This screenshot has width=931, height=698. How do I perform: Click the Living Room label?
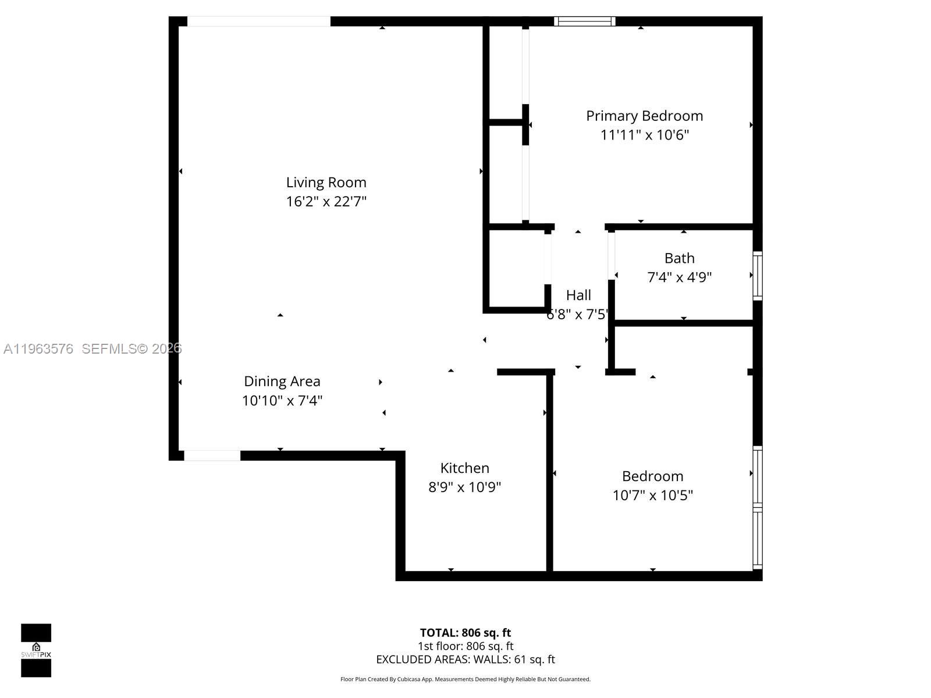[x=326, y=183]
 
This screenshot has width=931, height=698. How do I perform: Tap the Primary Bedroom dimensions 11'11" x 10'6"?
[x=645, y=135]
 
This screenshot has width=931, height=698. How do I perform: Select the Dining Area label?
[x=282, y=382]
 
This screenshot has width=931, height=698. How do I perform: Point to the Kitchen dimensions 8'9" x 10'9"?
[x=464, y=487]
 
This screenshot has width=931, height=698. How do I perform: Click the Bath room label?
[x=680, y=258]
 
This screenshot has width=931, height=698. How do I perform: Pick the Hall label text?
[x=578, y=295]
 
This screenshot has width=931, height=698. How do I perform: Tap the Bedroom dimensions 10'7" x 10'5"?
[x=652, y=496]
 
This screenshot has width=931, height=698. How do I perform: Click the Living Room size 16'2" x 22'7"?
[x=326, y=202]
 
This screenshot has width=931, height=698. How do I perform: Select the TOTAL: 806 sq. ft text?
[x=465, y=633]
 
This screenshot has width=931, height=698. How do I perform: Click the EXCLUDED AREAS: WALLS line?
[x=465, y=660]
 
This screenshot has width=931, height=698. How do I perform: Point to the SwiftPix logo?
[x=36, y=650]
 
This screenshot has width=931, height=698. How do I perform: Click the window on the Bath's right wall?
[x=758, y=276]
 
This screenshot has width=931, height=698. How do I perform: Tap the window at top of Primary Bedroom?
[x=584, y=22]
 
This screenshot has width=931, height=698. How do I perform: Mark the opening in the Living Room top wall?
[x=258, y=22]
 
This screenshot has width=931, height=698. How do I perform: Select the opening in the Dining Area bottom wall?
[x=212, y=455]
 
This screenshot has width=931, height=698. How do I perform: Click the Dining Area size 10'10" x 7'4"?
[x=282, y=401]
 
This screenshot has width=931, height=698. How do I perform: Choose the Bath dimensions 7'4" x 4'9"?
[x=680, y=277]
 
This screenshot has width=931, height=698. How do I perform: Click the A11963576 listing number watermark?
[x=38, y=349]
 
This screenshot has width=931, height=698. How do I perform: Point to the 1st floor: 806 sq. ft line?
[x=465, y=646]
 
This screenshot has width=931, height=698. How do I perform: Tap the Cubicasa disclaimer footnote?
[x=465, y=679]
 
